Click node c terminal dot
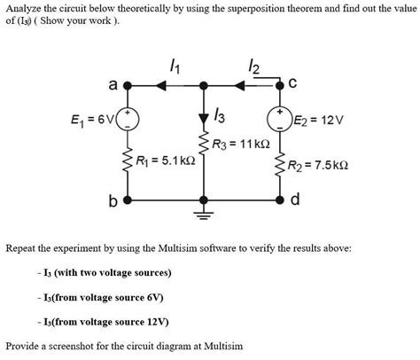[281, 85]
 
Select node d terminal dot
[281, 200]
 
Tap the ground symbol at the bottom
[205, 214]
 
